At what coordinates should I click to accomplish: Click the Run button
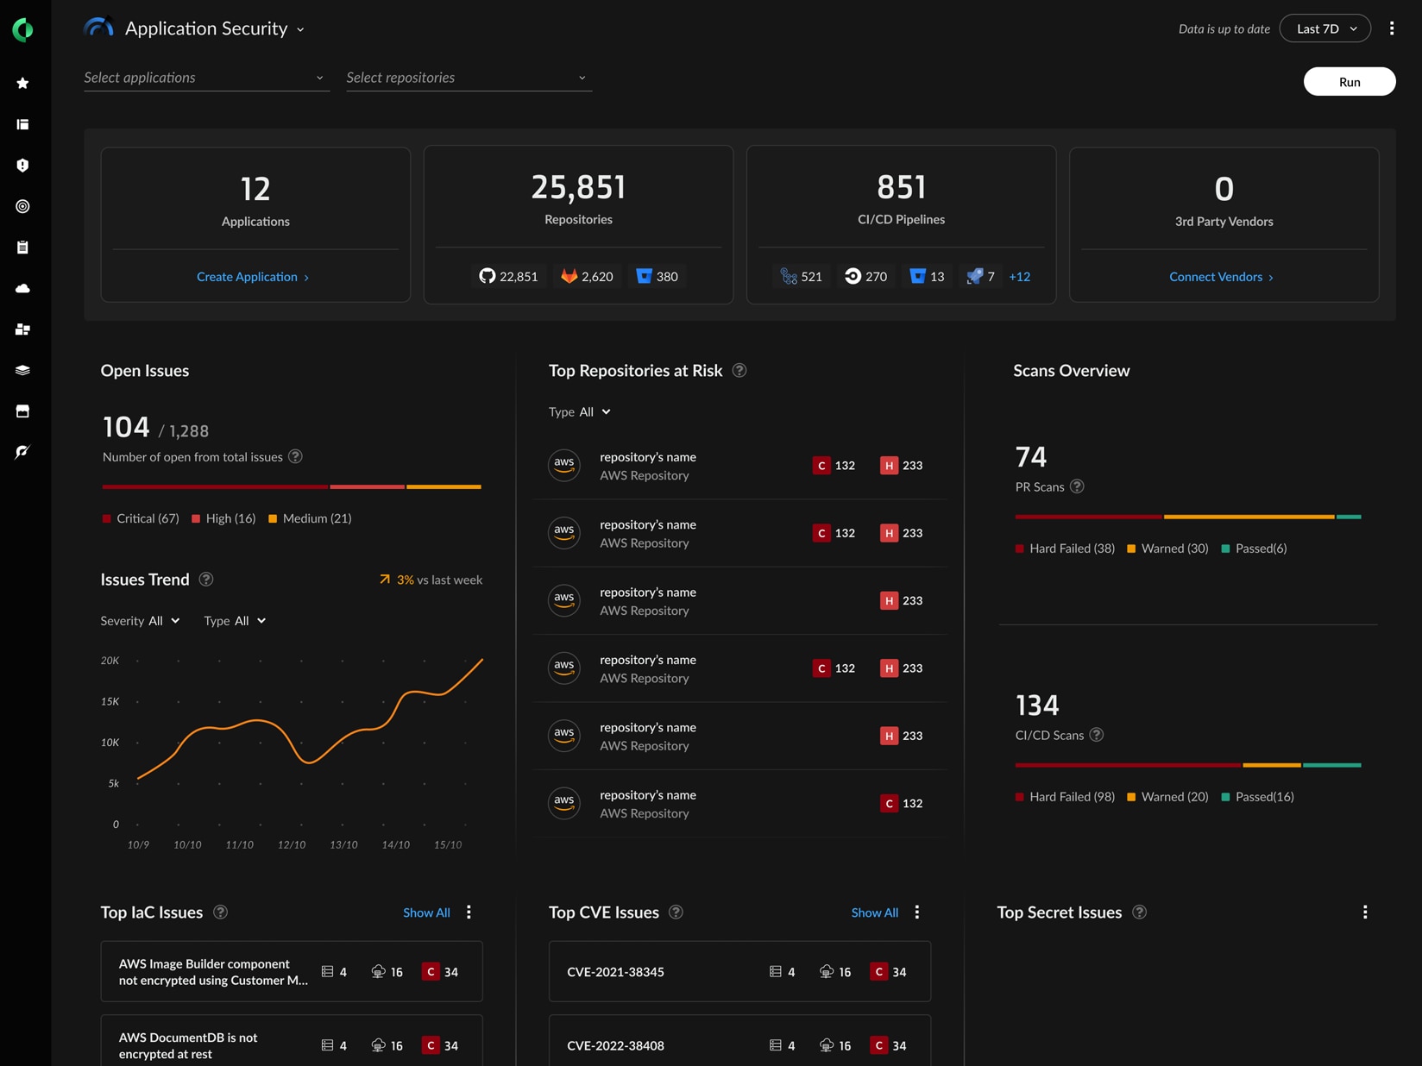[1349, 82]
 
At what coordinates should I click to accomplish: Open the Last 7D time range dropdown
[1324, 28]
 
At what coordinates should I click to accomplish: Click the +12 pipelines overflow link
[1019, 277]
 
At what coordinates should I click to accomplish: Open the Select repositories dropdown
[468, 78]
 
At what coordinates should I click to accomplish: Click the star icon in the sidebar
[23, 83]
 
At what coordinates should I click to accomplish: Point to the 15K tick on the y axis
[110, 701]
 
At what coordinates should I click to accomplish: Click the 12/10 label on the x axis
[292, 844]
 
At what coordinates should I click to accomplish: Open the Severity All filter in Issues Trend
[141, 621]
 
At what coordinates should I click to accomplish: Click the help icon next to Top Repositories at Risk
[739, 371]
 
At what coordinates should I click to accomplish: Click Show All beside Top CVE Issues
[874, 912]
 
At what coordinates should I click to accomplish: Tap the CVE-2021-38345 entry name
[615, 972]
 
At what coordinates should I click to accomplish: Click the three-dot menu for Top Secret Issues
[1365, 912]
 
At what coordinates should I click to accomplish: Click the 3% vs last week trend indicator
[431, 580]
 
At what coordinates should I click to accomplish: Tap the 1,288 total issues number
[188, 431]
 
